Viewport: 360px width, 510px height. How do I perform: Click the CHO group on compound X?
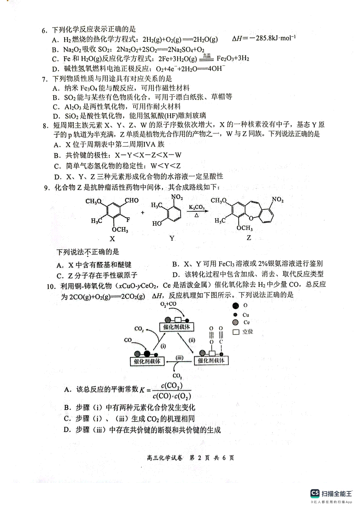pyautogui.click(x=132, y=200)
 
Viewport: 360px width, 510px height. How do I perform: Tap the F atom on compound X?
pyautogui.click(x=128, y=220)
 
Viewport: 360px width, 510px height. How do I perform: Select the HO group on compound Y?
pyautogui.click(x=157, y=224)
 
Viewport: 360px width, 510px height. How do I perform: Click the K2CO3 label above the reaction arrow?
pyautogui.click(x=197, y=207)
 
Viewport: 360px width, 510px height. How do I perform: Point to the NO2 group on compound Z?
pyautogui.click(x=278, y=200)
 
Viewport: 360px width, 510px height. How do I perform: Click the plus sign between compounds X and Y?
pyautogui.click(x=142, y=213)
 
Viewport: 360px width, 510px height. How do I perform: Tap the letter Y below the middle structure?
pyautogui.click(x=172, y=238)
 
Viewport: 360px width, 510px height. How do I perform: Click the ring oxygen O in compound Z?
pyautogui.click(x=251, y=218)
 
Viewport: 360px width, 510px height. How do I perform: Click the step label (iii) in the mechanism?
pyautogui.click(x=179, y=358)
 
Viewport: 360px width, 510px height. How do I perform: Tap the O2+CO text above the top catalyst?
pyautogui.click(x=168, y=304)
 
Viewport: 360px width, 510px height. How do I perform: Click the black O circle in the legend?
pyautogui.click(x=236, y=306)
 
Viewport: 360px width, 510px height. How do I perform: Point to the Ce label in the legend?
pyautogui.click(x=246, y=322)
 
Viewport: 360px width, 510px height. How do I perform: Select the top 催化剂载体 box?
pyautogui.click(x=177, y=327)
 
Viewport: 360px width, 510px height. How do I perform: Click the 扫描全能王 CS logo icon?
pyautogui.click(x=315, y=493)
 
